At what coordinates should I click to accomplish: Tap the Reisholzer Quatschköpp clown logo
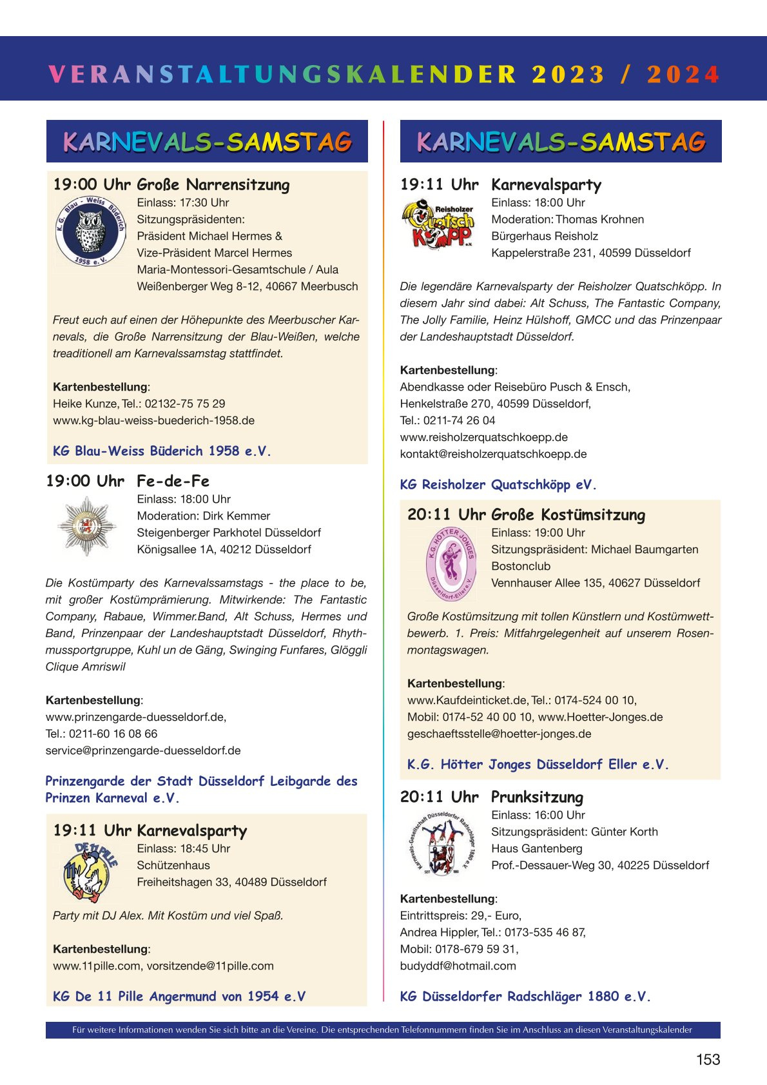click(438, 224)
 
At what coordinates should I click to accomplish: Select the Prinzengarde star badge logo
click(86, 525)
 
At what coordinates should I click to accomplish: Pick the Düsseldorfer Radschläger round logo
click(445, 843)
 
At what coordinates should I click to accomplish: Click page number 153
click(708, 1059)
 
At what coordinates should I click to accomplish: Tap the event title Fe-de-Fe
click(173, 481)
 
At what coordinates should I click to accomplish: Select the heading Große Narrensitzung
click(213, 185)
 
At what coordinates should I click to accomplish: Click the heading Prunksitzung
click(537, 797)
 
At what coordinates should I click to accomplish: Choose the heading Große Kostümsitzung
click(568, 515)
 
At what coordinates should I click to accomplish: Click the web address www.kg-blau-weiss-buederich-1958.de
click(153, 420)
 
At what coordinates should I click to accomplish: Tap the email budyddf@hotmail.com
click(458, 966)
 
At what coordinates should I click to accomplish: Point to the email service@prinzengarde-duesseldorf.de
click(143, 750)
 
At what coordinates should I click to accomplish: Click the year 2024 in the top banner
click(683, 75)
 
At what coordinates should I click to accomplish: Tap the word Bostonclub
click(521, 566)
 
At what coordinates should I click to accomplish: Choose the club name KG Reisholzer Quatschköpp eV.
click(498, 485)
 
